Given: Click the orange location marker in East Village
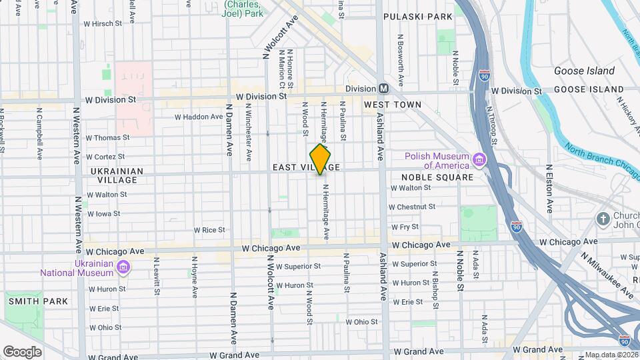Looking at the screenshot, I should pyautogui.click(x=321, y=159).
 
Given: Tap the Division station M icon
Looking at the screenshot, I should pyautogui.click(x=383, y=89).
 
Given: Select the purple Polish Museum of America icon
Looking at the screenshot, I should pyautogui.click(x=479, y=161).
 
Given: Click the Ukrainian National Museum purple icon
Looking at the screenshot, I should pyautogui.click(x=122, y=267).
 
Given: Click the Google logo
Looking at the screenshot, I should pyautogui.click(x=22, y=351).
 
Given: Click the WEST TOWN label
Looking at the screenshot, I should pyautogui.click(x=393, y=105).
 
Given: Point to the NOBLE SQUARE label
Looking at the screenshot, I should pyautogui.click(x=437, y=177).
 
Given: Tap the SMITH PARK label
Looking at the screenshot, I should pyautogui.click(x=39, y=301).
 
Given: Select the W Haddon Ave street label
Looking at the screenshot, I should pyautogui.click(x=199, y=117).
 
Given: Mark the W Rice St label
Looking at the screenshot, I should pyautogui.click(x=209, y=230).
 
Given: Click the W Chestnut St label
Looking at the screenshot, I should pyautogui.click(x=411, y=207).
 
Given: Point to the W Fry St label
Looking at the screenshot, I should pyautogui.click(x=405, y=227).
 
